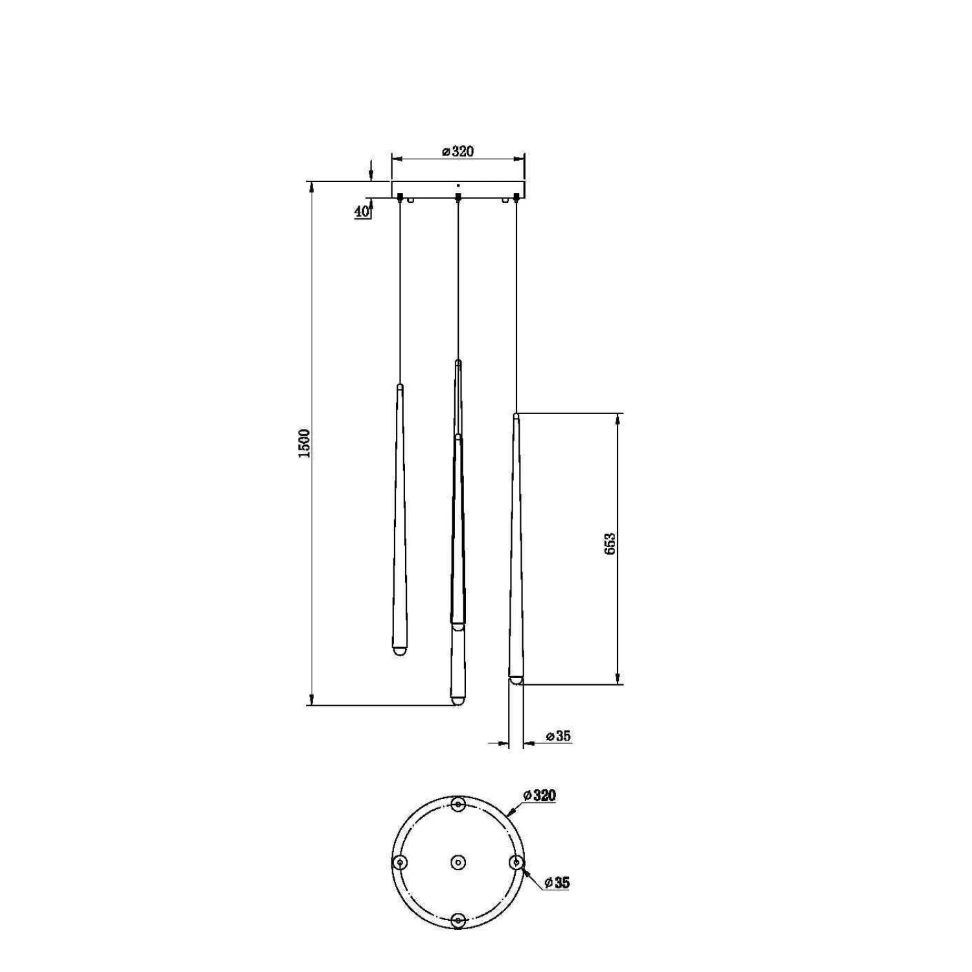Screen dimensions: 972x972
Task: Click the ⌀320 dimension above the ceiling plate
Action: [x=457, y=152]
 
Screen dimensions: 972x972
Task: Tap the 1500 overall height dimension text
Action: [x=305, y=443]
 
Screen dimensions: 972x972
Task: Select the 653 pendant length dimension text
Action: [x=610, y=544]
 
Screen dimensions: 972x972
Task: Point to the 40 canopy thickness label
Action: [x=362, y=211]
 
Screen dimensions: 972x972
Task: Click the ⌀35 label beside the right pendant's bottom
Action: [x=558, y=736]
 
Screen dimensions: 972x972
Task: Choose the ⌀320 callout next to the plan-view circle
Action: [x=540, y=795]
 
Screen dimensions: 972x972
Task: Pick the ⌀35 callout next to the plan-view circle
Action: [x=557, y=883]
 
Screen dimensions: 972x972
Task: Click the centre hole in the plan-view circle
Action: [x=458, y=862]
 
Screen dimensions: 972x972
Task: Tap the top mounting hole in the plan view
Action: [x=458, y=805]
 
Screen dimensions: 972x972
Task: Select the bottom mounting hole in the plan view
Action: [x=458, y=920]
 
